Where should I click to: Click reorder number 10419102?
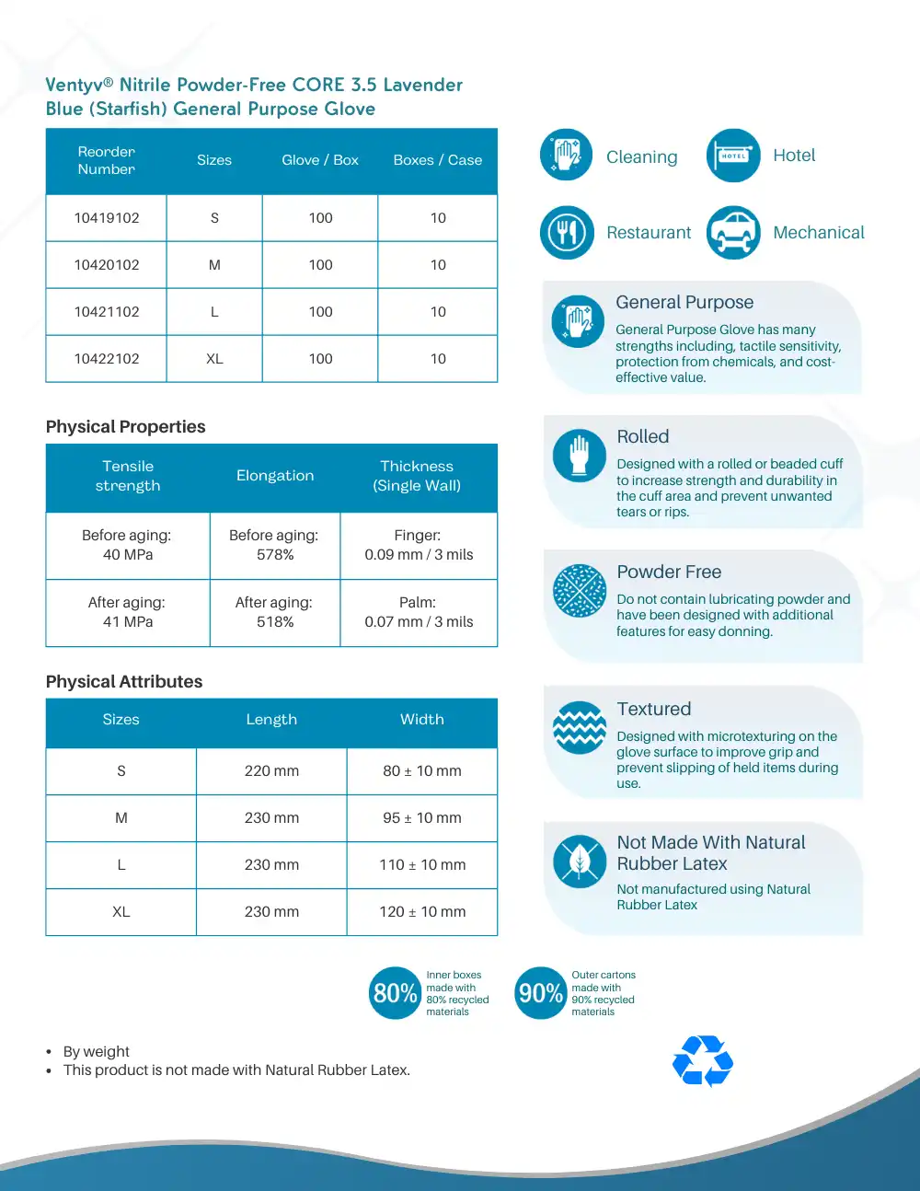pos(107,218)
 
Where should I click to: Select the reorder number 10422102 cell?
pos(107,359)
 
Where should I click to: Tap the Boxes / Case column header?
pos(437,160)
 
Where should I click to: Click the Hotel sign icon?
pos(733,156)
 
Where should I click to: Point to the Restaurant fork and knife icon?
pos(567,233)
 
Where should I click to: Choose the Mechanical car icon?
pos(733,233)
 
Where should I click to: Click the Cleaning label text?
pos(641,157)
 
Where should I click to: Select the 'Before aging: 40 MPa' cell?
pos(127,545)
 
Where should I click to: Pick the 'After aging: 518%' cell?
pos(274,612)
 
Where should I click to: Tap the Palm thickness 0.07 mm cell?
pos(419,612)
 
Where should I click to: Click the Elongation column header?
pos(275,476)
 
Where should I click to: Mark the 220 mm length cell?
pos(271,771)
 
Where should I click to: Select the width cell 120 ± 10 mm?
pos(422,912)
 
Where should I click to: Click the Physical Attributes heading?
pos(124,682)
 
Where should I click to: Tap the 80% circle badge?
pos(395,993)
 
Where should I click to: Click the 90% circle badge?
pos(540,993)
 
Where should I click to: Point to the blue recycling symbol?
pos(703,1060)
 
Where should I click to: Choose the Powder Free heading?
pos(669,572)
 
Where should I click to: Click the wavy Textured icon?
pos(580,727)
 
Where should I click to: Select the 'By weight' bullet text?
pos(96,1052)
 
